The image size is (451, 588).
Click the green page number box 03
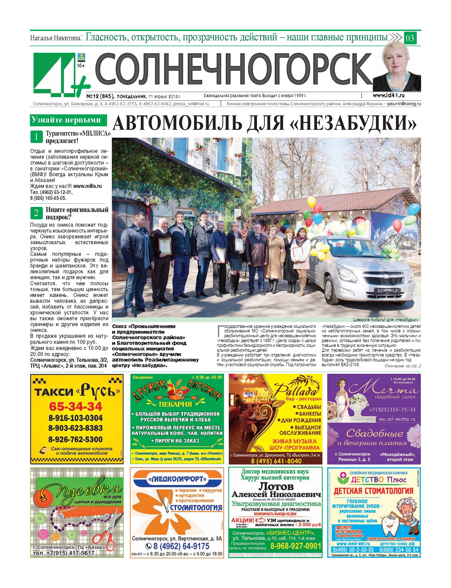pyautogui.click(x=410, y=38)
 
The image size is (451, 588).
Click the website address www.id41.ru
pyautogui.click(x=388, y=95)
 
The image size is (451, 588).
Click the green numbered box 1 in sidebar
pyautogui.click(x=36, y=137)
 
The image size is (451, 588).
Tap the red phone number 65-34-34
pyautogui.click(x=76, y=407)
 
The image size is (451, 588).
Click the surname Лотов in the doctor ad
pyautogui.click(x=275, y=487)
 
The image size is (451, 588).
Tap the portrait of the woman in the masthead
pyautogui.click(x=396, y=68)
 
